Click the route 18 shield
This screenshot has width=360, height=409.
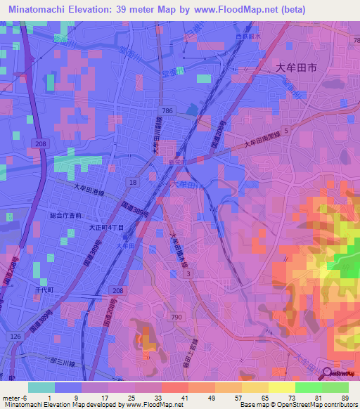coord(132,181)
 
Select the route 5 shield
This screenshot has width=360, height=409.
coord(286,131)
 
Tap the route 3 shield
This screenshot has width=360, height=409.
coord(188,273)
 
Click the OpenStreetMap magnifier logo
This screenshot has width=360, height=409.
coord(327,373)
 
